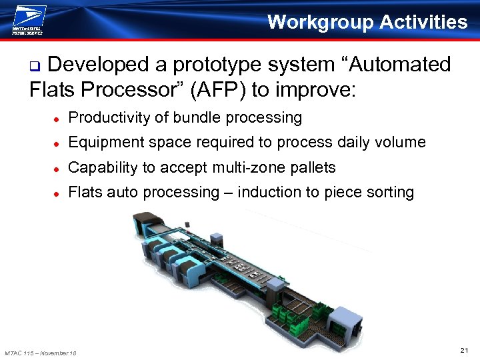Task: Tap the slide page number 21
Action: point(465,349)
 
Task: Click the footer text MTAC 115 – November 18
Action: point(41,353)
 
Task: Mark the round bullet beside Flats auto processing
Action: point(58,193)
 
